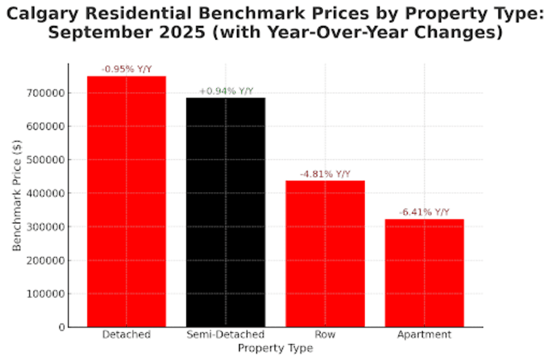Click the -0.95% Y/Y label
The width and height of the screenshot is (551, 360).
(126, 70)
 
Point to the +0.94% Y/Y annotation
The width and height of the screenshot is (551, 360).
(226, 91)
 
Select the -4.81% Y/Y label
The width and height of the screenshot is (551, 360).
(325, 174)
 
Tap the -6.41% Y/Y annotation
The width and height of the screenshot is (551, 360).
(424, 213)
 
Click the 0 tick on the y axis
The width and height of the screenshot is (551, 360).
(61, 327)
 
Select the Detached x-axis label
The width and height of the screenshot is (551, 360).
(126, 335)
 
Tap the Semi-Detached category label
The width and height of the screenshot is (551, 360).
(226, 335)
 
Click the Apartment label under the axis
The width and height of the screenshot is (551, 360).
(424, 335)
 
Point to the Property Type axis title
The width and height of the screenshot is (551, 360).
(275, 348)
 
